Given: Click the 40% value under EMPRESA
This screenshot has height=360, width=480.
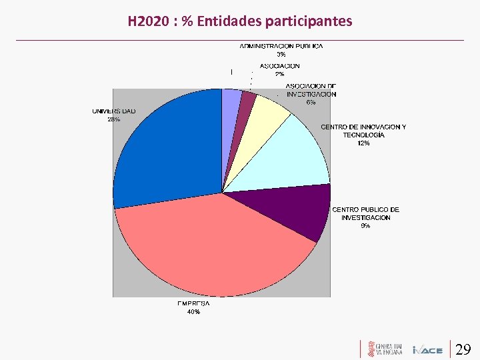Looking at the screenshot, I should pos(193,311).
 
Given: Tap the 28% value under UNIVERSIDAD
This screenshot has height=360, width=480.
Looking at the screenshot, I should pos(113,119).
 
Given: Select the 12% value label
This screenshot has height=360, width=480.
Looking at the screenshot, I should pos(363,143).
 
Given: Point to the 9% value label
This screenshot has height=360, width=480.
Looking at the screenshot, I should pos(365,226).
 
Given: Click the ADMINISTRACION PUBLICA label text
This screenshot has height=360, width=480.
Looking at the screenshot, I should pos(281,46).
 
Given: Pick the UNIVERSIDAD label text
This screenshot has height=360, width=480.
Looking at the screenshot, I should pos(113,111).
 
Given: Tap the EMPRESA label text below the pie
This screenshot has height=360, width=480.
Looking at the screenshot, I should pos(193,303).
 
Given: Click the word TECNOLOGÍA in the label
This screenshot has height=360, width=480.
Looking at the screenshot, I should pos(363,135).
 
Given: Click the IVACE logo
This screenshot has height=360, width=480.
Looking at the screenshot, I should pos(427,350).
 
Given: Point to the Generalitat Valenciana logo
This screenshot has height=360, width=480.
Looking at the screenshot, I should pos(383,349).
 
